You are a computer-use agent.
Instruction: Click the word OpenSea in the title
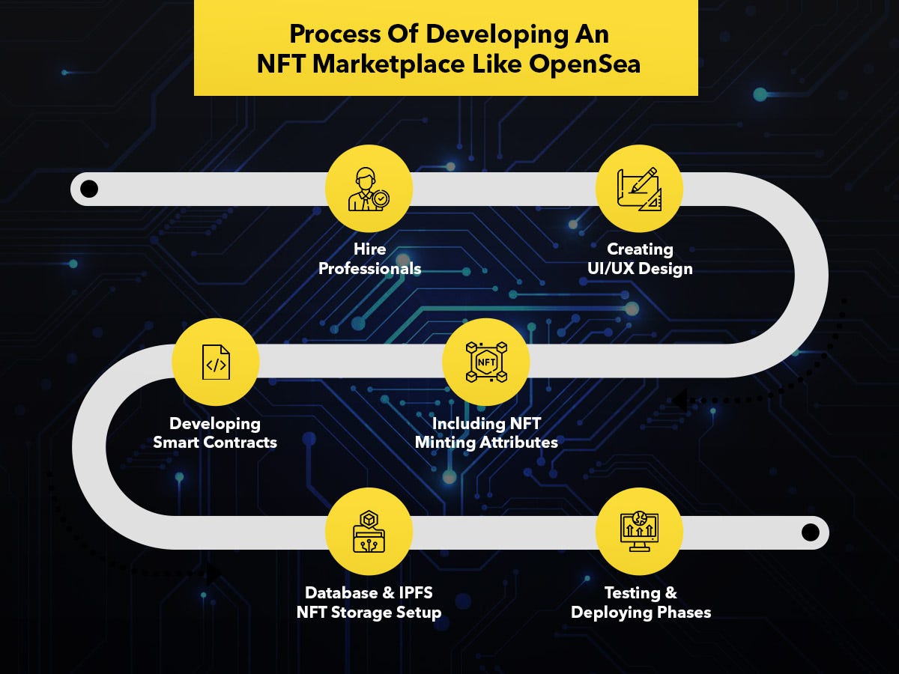(584, 64)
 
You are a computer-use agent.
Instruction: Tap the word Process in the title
(335, 34)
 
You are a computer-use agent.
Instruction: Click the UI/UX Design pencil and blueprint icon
(639, 189)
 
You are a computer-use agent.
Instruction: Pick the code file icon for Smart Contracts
(216, 362)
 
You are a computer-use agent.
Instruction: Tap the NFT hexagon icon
(486, 362)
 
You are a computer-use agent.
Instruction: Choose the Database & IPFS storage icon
(369, 531)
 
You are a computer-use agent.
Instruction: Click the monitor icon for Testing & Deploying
(639, 531)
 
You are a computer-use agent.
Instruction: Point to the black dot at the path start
(89, 189)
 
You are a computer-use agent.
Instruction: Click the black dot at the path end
(810, 532)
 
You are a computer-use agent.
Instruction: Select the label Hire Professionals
(369, 258)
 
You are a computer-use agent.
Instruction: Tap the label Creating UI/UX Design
(640, 258)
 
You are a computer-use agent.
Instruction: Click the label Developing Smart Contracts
(215, 433)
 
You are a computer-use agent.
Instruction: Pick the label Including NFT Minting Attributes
(486, 433)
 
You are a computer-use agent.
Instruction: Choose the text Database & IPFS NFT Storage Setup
(369, 602)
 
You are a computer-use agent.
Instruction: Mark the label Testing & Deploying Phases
(641, 602)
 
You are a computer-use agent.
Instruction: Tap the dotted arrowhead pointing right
(214, 573)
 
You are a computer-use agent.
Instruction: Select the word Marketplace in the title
(388, 64)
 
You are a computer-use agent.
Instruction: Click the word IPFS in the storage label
(415, 592)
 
